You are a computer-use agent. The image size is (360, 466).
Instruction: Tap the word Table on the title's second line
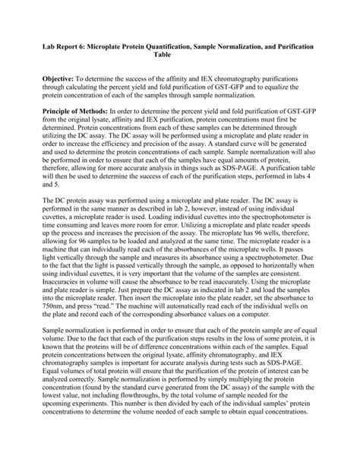[x=180, y=55]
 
